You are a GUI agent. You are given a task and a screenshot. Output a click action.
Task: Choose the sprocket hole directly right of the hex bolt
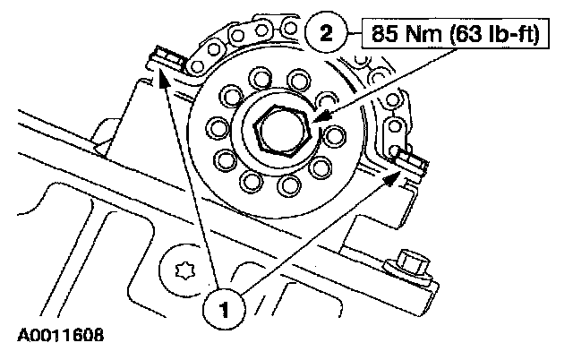[x=335, y=137]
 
